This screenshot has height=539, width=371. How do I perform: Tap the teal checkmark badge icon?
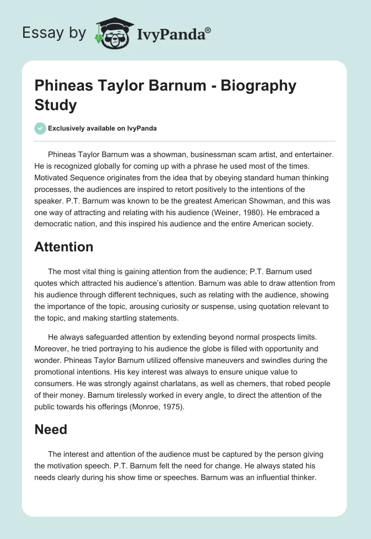click(40, 128)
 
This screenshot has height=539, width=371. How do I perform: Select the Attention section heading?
click(64, 247)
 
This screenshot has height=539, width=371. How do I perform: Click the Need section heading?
click(51, 429)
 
